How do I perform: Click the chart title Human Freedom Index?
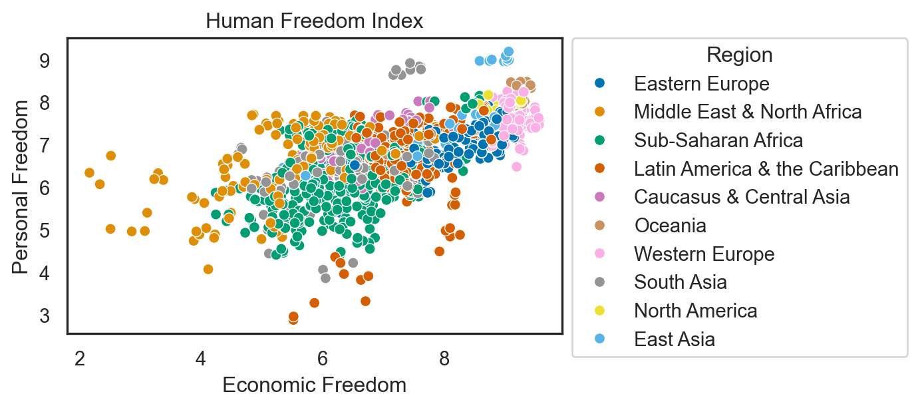[314, 21]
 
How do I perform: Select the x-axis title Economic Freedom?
[314, 385]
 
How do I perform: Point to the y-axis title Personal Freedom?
[21, 186]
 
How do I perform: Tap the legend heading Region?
[739, 55]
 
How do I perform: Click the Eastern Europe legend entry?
[701, 84]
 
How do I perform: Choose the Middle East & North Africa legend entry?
[748, 112]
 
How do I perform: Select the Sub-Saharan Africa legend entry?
[718, 140]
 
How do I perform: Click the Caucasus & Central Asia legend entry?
[742, 197]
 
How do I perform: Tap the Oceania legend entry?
[670, 226]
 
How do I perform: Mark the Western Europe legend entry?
[704, 254]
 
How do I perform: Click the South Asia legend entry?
[680, 282]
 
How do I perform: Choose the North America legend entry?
[695, 311]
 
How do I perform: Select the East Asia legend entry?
[675, 339]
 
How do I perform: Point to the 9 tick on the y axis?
[44, 61]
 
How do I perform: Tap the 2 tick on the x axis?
[80, 359]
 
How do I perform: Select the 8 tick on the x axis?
[444, 359]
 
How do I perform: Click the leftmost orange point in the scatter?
[89, 173]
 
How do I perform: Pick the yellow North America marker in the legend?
[600, 311]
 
